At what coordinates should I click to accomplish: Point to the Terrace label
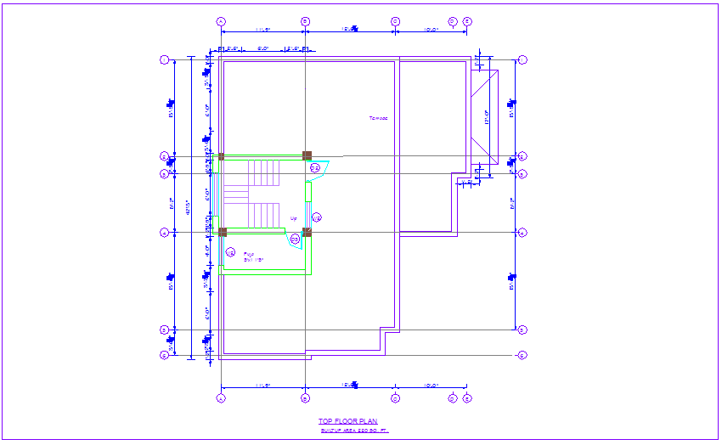pyautogui.click(x=377, y=118)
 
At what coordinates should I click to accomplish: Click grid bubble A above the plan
pyautogui.click(x=221, y=21)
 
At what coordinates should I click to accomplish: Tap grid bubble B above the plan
pyautogui.click(x=305, y=21)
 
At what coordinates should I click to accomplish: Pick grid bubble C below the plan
pyautogui.click(x=395, y=397)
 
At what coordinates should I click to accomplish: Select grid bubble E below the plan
pyautogui.click(x=467, y=397)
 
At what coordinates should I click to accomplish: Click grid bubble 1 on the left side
pyautogui.click(x=165, y=60)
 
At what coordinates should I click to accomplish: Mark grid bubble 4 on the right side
pyautogui.click(x=522, y=232)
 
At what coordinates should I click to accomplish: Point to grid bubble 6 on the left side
pyautogui.click(x=165, y=355)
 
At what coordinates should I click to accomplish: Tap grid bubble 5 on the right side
pyautogui.click(x=522, y=330)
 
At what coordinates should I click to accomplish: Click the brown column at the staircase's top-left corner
pyautogui.click(x=222, y=156)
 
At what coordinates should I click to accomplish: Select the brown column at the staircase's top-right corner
pyautogui.click(x=307, y=155)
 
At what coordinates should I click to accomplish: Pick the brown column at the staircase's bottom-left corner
pyautogui.click(x=223, y=232)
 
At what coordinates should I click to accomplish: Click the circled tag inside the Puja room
pyautogui.click(x=230, y=251)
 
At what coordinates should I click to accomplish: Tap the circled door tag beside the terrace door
pyautogui.click(x=314, y=166)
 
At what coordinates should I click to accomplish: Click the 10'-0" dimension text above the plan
pyautogui.click(x=430, y=31)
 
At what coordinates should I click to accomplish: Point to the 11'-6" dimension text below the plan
pyautogui.click(x=262, y=386)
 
